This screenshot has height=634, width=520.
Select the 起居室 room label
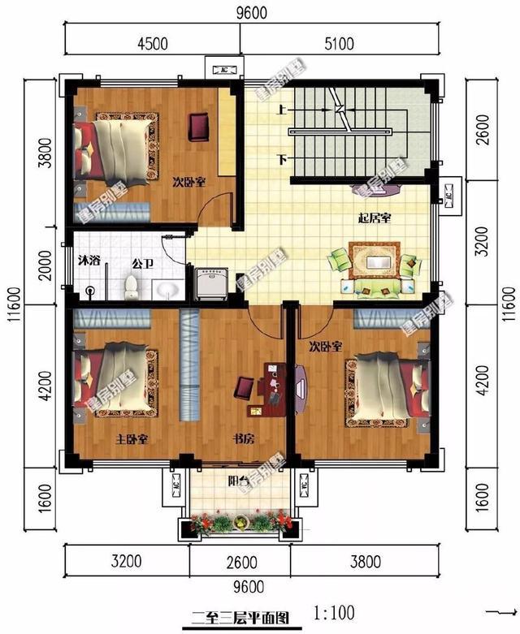coord(375,218)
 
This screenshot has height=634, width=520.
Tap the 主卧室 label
coord(130,439)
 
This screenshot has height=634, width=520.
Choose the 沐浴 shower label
coord(89,261)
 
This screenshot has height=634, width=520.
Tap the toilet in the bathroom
coord(131,286)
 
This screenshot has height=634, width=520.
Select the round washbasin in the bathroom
coord(169,289)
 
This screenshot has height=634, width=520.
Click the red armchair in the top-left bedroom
coord(200,126)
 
